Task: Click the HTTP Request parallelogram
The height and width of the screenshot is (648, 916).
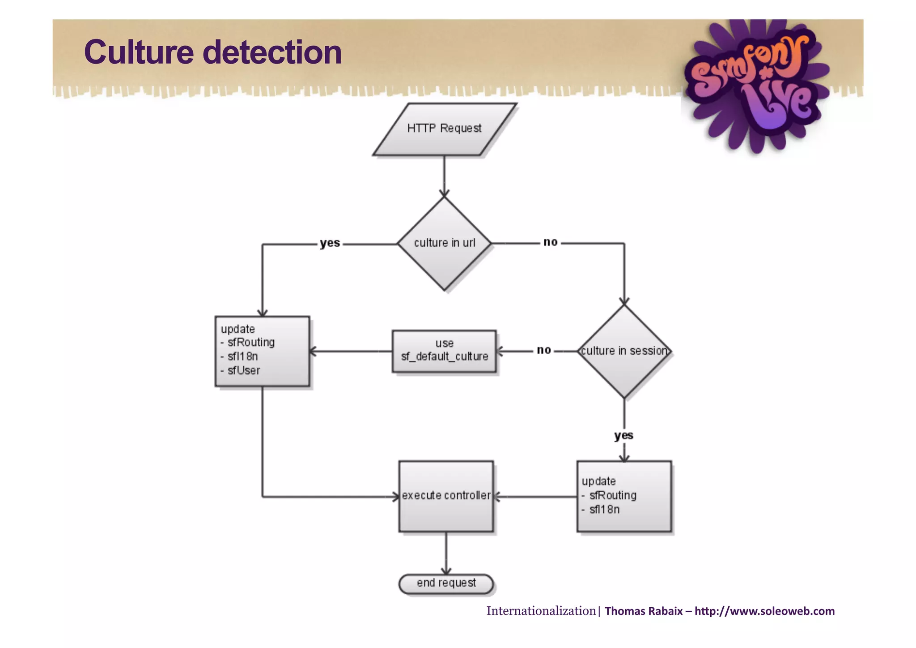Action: tap(444, 129)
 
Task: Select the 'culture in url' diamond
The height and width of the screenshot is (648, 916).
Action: tap(444, 243)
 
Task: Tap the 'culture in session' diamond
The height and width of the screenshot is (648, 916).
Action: tap(624, 351)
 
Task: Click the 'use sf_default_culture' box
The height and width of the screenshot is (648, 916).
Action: tap(444, 351)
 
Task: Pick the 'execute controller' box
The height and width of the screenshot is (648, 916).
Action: tap(446, 496)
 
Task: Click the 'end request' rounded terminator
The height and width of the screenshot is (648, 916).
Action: tap(446, 584)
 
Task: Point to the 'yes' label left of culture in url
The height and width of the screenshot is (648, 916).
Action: tap(330, 243)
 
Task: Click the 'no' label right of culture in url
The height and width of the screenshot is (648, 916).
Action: tap(550, 242)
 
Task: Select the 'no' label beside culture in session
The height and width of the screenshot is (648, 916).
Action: tap(543, 350)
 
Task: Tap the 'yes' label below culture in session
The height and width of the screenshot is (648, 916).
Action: tap(623, 435)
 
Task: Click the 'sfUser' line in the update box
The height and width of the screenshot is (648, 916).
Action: tap(243, 370)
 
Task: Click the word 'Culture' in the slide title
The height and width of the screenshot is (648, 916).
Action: tap(139, 52)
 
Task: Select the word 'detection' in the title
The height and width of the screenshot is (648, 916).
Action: tap(272, 52)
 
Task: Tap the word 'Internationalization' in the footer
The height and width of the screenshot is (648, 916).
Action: tap(541, 611)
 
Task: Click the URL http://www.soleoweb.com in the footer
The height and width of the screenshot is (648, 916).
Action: tap(764, 611)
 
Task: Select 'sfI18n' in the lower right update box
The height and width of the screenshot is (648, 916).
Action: tap(604, 510)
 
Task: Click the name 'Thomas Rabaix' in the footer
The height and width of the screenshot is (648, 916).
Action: tap(643, 611)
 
